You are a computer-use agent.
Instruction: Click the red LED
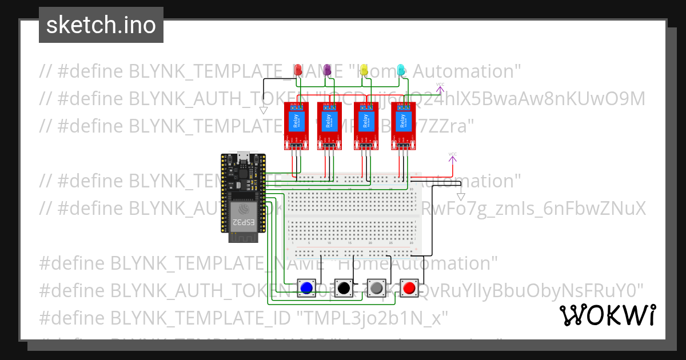(297, 69)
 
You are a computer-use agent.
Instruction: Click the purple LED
(328, 69)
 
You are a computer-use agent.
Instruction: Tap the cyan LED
(401, 69)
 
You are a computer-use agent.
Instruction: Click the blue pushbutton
(307, 288)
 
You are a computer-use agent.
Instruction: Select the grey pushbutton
(376, 288)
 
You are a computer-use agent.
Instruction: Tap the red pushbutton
(409, 288)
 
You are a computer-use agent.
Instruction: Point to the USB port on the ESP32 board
(243, 155)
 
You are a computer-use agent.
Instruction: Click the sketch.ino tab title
(101, 25)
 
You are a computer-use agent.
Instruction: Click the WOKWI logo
(607, 315)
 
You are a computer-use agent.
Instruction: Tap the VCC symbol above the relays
(440, 86)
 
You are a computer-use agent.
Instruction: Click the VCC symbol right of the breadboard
(452, 155)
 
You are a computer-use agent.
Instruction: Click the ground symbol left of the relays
(264, 110)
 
